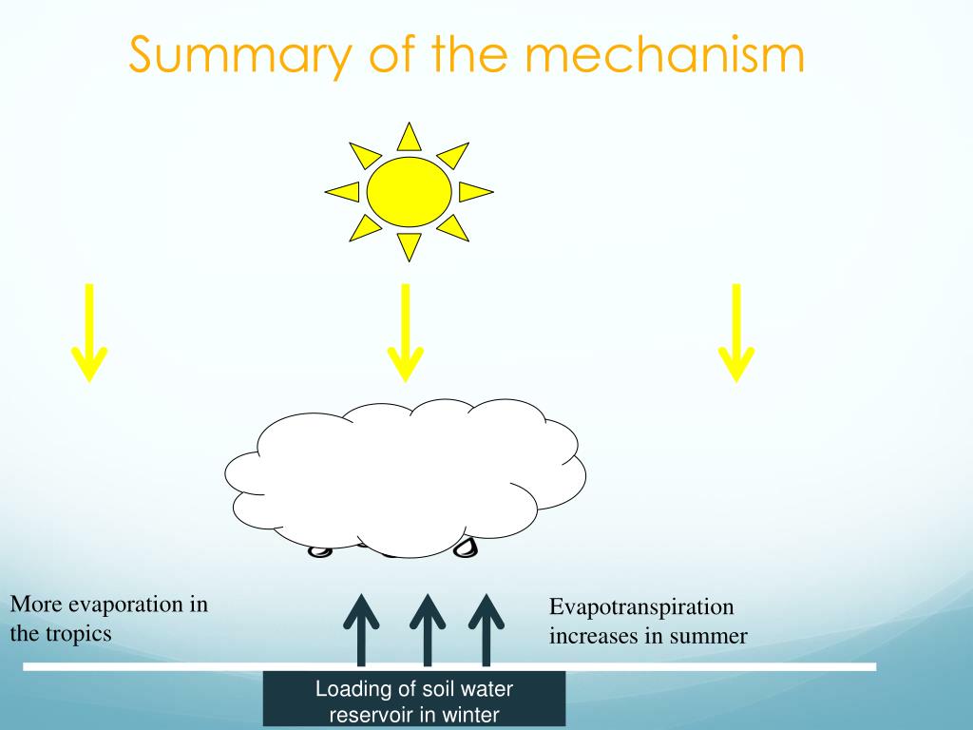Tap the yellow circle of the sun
tap(409, 192)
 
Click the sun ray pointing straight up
tap(409, 139)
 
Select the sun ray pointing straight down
tap(409, 245)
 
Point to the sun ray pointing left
tap(344, 192)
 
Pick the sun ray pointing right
tap(474, 192)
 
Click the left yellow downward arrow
tap(89, 333)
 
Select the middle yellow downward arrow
tap(406, 333)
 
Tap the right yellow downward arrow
tap(735, 333)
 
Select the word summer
tap(708, 636)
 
